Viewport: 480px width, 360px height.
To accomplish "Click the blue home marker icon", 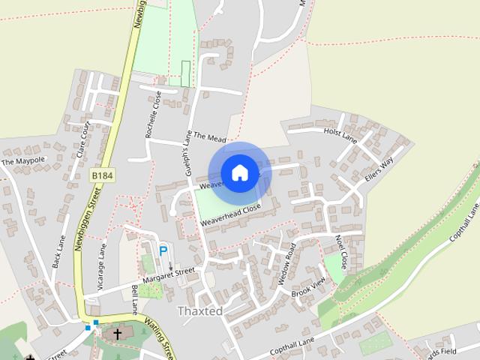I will tap(239, 172).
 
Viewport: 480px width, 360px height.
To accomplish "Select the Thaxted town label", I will tap(199, 310).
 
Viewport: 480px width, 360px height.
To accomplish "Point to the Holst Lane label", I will tap(340, 136).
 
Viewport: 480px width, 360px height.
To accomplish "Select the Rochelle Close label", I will tap(154, 117).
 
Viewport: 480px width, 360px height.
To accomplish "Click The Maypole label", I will tap(23, 160).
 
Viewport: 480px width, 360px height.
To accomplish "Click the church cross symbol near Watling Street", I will tap(117, 333).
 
